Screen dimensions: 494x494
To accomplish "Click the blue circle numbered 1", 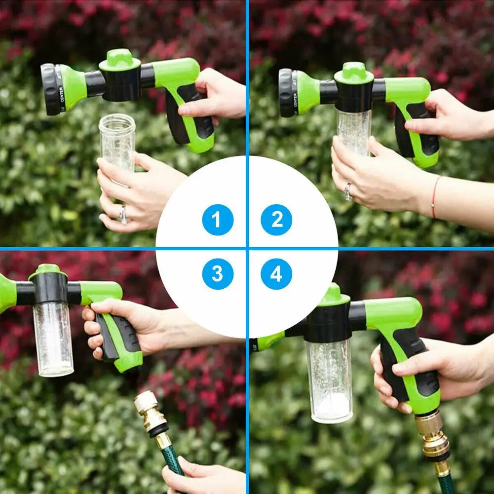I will click(x=218, y=220).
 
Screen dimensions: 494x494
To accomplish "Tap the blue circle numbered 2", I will click(x=276, y=220).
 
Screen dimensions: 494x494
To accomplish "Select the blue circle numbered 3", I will click(x=218, y=274).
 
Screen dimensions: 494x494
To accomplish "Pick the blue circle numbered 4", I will click(x=276, y=274).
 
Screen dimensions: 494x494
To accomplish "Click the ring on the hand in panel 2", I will click(x=348, y=191).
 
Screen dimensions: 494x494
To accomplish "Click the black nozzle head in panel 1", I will click(x=50, y=89).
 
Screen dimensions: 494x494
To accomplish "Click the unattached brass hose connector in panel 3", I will click(x=151, y=415).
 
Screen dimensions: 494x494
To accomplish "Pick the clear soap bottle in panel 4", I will click(x=329, y=380).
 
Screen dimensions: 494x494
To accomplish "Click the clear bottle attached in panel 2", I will click(x=354, y=131).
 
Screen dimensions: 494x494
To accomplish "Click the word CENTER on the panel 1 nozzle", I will click(x=62, y=92).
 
